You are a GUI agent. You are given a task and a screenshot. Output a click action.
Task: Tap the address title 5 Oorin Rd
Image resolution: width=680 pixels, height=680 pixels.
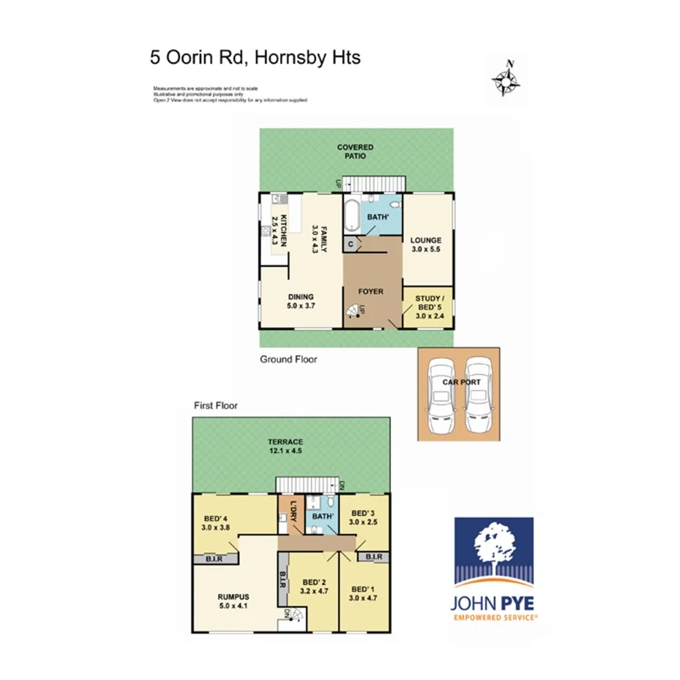point(255,58)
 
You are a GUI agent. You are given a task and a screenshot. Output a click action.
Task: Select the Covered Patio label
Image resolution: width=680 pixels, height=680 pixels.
point(355,152)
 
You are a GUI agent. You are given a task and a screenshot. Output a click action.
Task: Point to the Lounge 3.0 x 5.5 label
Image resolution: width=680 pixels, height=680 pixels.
point(427,245)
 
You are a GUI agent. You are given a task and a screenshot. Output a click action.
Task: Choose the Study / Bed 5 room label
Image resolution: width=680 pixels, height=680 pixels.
point(428,306)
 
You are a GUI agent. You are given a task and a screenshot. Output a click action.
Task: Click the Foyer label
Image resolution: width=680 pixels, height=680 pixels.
point(371,292)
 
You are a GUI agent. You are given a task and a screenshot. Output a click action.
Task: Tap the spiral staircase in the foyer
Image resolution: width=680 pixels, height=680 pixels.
point(355,312)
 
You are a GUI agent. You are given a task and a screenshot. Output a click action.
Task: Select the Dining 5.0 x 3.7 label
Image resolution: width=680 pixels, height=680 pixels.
point(301,301)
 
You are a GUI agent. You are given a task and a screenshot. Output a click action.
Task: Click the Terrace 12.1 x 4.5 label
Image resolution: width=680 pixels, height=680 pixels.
point(285,447)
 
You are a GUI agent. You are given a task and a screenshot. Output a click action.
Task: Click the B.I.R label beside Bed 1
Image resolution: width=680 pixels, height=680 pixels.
point(373,557)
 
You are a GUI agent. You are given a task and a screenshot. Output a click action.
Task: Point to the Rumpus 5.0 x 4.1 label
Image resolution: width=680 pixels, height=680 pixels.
point(233,600)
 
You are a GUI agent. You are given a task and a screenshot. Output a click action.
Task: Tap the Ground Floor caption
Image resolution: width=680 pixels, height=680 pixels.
point(289,360)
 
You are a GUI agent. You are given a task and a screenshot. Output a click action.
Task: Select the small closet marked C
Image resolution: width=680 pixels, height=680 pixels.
point(351,245)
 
